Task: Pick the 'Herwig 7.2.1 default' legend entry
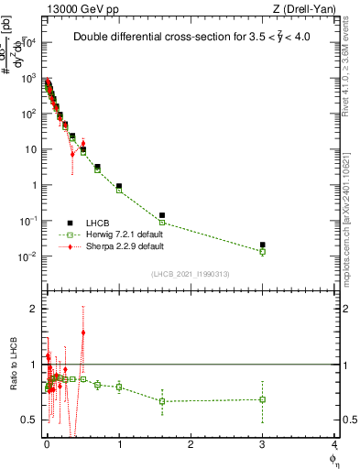point(125,234)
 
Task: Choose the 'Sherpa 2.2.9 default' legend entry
point(125,246)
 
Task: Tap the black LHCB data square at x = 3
point(263,245)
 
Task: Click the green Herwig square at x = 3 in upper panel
point(263,251)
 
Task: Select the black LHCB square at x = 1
point(119,186)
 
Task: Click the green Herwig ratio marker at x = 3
point(263,399)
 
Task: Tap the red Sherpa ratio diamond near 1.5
point(83,333)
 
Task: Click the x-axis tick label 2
point(191,444)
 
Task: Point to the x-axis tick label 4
point(334,444)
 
